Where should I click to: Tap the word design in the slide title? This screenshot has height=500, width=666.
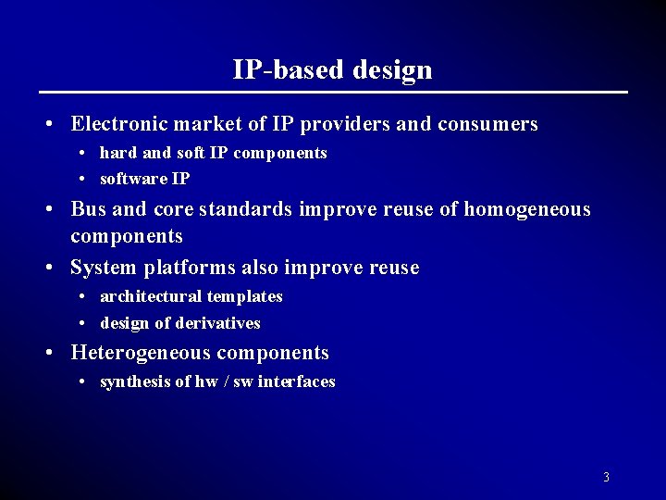tap(392, 70)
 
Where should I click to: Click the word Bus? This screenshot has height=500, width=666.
tap(89, 209)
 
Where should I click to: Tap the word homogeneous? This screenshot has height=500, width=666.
tap(527, 210)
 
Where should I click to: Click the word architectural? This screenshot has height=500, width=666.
tap(150, 296)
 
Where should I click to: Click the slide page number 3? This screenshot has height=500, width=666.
tap(606, 478)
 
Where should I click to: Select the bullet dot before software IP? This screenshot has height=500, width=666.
tap(83, 179)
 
